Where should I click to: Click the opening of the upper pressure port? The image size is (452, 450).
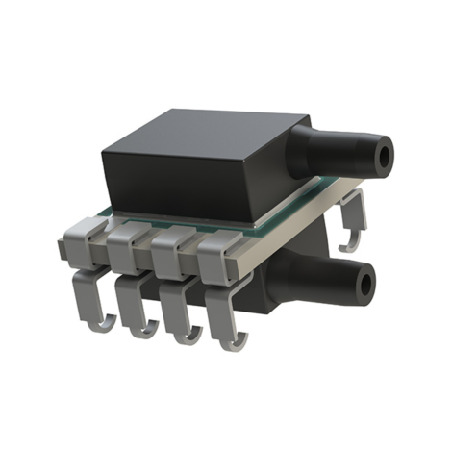388,154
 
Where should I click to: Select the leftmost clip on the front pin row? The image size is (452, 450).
87,240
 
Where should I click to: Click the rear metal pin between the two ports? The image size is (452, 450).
354,216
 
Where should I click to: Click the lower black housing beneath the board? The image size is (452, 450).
279,269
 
